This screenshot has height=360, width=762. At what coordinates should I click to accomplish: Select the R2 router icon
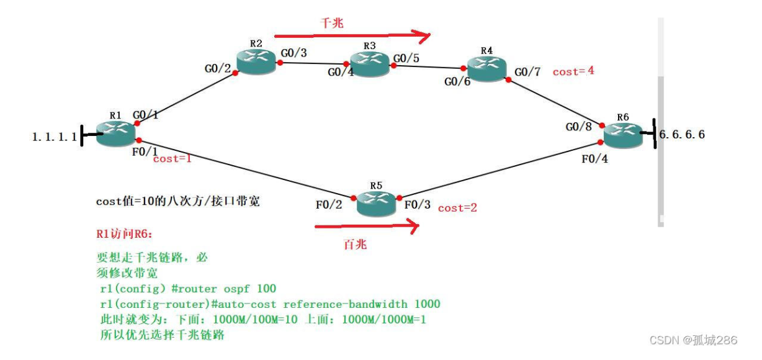[256, 62]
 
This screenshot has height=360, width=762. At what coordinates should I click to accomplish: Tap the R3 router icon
[369, 63]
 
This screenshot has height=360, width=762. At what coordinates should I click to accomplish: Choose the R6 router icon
[623, 134]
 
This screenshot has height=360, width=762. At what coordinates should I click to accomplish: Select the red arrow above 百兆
[367, 227]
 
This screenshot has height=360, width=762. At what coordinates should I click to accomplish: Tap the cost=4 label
[573, 71]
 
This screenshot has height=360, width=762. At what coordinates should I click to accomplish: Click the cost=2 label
[457, 208]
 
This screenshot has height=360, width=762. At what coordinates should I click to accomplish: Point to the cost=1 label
[172, 160]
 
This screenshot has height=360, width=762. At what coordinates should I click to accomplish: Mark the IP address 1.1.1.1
[54, 137]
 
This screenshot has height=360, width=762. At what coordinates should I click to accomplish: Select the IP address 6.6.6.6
[681, 134]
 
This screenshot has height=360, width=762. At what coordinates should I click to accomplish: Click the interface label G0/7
[527, 72]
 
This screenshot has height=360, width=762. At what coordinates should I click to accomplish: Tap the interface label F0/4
[595, 159]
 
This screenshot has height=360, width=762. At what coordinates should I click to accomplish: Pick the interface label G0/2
[218, 69]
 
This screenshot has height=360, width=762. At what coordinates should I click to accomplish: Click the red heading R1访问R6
[124, 235]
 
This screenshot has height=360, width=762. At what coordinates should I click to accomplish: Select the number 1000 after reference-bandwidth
[426, 304]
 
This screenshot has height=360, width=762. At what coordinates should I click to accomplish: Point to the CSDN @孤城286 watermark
[693, 340]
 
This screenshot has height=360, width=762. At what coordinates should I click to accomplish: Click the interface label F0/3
[417, 204]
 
